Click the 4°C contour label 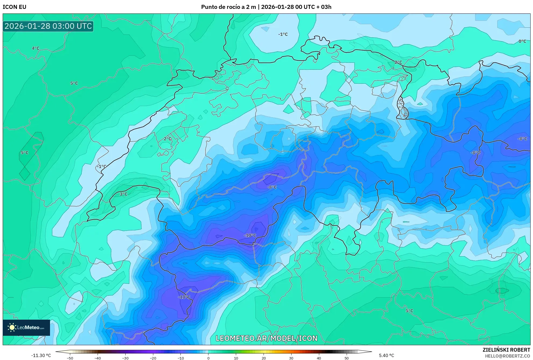(35, 48)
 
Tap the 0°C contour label (522, 41)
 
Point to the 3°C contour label (123, 194)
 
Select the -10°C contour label (250, 235)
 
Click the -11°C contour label (184, 297)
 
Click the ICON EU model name (15, 7)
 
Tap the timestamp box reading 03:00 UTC (48, 26)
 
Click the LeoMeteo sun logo (12, 327)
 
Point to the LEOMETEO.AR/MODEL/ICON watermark (266, 338)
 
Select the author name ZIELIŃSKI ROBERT (506, 350)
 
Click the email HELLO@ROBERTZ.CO (507, 356)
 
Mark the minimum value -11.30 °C (41, 355)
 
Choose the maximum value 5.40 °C (386, 355)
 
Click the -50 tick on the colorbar (70, 358)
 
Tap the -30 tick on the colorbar (125, 358)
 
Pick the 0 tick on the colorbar (208, 358)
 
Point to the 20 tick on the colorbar (264, 358)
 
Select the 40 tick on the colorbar (319, 358)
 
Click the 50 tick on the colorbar (347, 358)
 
